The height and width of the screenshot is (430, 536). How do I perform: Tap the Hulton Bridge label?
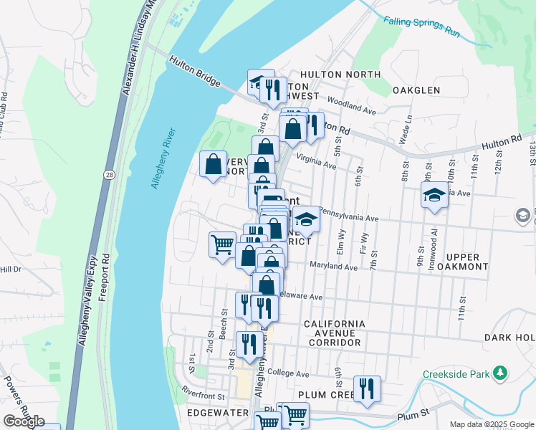[195, 72]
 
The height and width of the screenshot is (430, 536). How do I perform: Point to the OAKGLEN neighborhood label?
[416, 90]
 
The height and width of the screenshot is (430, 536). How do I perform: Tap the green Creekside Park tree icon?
[500, 373]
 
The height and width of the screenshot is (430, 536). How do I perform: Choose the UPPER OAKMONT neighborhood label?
[466, 262]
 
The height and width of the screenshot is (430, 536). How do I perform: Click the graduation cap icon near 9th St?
[434, 196]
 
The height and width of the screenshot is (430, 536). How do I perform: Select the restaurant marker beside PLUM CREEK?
[367, 389]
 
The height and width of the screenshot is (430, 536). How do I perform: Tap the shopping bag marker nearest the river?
[214, 164]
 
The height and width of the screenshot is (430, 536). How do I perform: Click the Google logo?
[24, 421]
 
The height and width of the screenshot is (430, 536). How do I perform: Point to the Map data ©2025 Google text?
[492, 424]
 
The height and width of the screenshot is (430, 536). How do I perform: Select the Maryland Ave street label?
[333, 267]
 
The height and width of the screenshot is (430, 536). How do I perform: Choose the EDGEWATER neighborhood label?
[217, 413]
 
